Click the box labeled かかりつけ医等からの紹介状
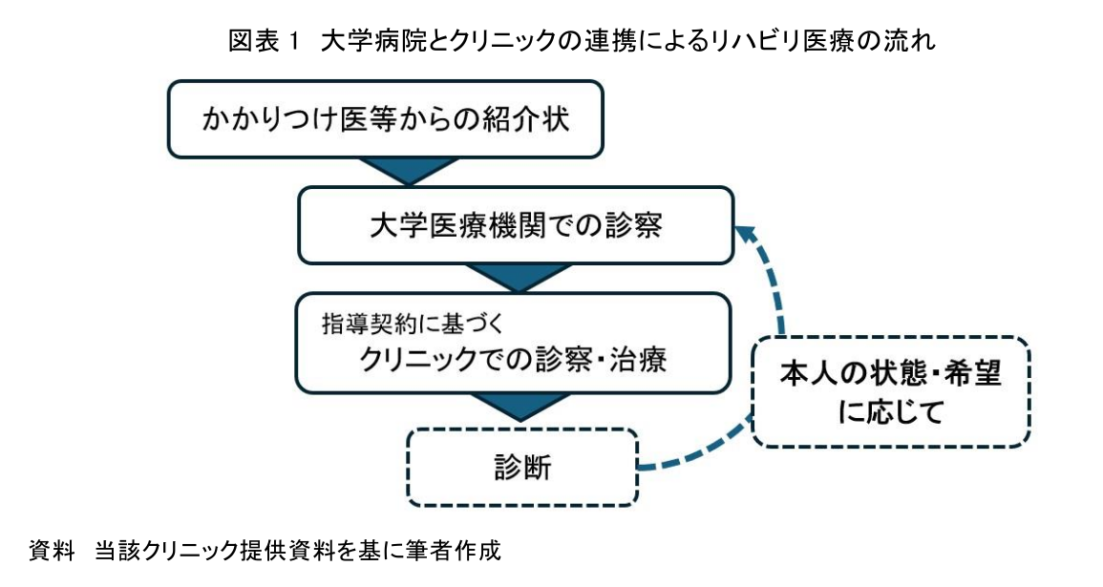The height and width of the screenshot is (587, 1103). (385, 119)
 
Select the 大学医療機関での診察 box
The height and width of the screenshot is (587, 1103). (515, 226)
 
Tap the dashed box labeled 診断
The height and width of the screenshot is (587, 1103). (521, 468)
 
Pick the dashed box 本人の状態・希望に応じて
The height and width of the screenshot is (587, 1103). (891, 390)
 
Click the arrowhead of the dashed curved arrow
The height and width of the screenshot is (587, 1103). (746, 235)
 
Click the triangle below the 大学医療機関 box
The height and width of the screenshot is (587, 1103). (516, 278)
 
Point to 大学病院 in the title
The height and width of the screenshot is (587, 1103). (361, 41)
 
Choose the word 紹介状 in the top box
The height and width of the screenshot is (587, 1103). (536, 120)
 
